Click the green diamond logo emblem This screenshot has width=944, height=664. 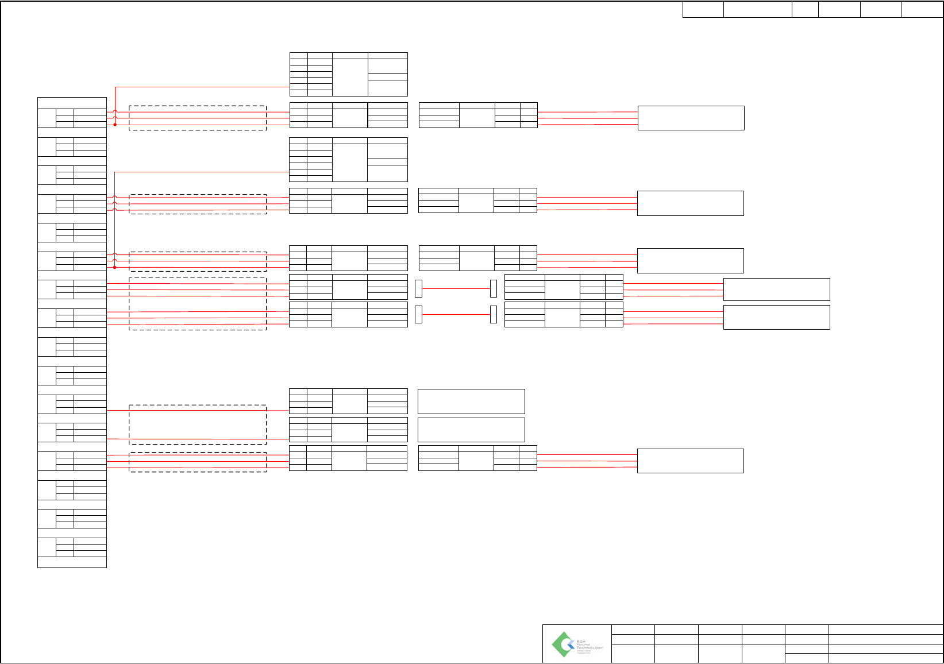pyautogui.click(x=562, y=644)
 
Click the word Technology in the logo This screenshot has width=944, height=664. pyautogui.click(x=589, y=647)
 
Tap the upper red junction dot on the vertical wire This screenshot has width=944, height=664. pyautogui.click(x=115, y=124)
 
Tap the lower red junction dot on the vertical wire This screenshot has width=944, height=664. pyautogui.click(x=115, y=267)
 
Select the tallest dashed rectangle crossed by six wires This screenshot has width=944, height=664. pyautogui.click(x=198, y=303)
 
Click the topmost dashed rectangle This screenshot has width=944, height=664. pyautogui.click(x=198, y=118)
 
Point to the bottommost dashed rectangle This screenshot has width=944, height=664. pyautogui.click(x=198, y=462)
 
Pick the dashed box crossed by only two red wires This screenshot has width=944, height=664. pyautogui.click(x=198, y=424)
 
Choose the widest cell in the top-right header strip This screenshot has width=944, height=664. pyautogui.click(x=757, y=10)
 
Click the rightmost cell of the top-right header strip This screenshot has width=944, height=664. pyautogui.click(x=922, y=10)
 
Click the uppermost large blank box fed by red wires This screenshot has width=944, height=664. pyautogui.click(x=691, y=118)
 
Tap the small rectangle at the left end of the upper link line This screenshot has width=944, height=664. pyautogui.click(x=418, y=288)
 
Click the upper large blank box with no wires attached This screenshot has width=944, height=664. pyautogui.click(x=471, y=401)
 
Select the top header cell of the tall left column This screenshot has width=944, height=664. pyautogui.click(x=72, y=103)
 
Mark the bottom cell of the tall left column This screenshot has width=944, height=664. pyautogui.click(x=72, y=562)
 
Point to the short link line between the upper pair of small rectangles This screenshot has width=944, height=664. pyautogui.click(x=456, y=288)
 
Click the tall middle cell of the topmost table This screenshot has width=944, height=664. pyautogui.click(x=350, y=77)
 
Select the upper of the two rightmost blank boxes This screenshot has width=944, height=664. pyautogui.click(x=776, y=289)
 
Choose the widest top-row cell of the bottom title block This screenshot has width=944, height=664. pyautogui.click(x=885, y=629)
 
